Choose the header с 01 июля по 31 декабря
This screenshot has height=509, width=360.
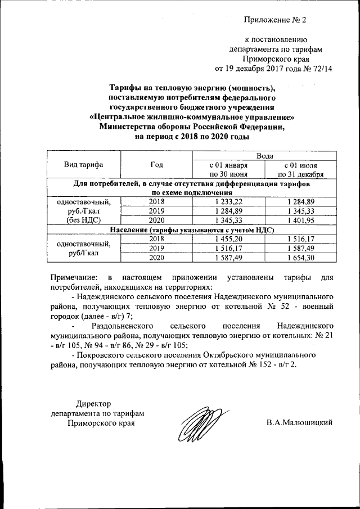[x=301, y=170]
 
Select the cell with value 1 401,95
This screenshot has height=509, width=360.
[x=301, y=220]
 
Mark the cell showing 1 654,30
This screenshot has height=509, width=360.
[x=301, y=258]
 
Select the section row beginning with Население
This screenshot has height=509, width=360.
[x=191, y=229]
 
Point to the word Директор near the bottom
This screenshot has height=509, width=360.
[x=94, y=402]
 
